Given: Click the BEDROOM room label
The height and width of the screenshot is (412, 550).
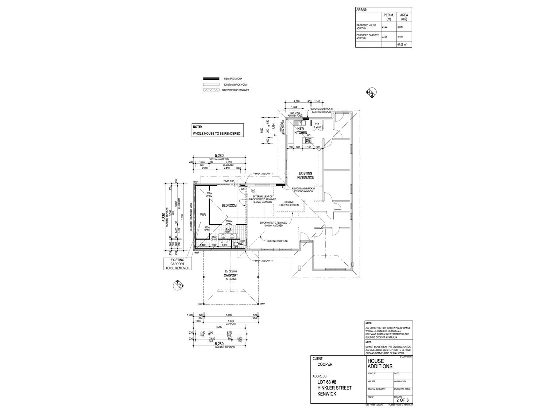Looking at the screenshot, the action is point(229,205).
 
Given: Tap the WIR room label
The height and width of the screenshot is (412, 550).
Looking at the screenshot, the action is point(202,215).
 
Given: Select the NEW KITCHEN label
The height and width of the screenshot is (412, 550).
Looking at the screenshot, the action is point(301,131).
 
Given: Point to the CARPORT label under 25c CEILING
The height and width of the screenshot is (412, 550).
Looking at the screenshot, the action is point(231,275).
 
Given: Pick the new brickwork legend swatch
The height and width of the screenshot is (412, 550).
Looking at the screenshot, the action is point(211,79).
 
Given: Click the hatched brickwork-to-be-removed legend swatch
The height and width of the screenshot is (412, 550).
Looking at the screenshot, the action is point(211,90).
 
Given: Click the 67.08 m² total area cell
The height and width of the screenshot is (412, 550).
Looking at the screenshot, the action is point(402,45).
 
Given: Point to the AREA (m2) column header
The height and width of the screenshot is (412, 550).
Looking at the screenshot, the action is point(404,17).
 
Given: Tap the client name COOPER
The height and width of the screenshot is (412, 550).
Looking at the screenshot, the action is point(325,364).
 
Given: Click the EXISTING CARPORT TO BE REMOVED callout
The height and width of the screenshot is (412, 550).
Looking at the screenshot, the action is point(178,264).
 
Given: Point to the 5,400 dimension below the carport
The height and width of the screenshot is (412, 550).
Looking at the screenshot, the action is point(229,315).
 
